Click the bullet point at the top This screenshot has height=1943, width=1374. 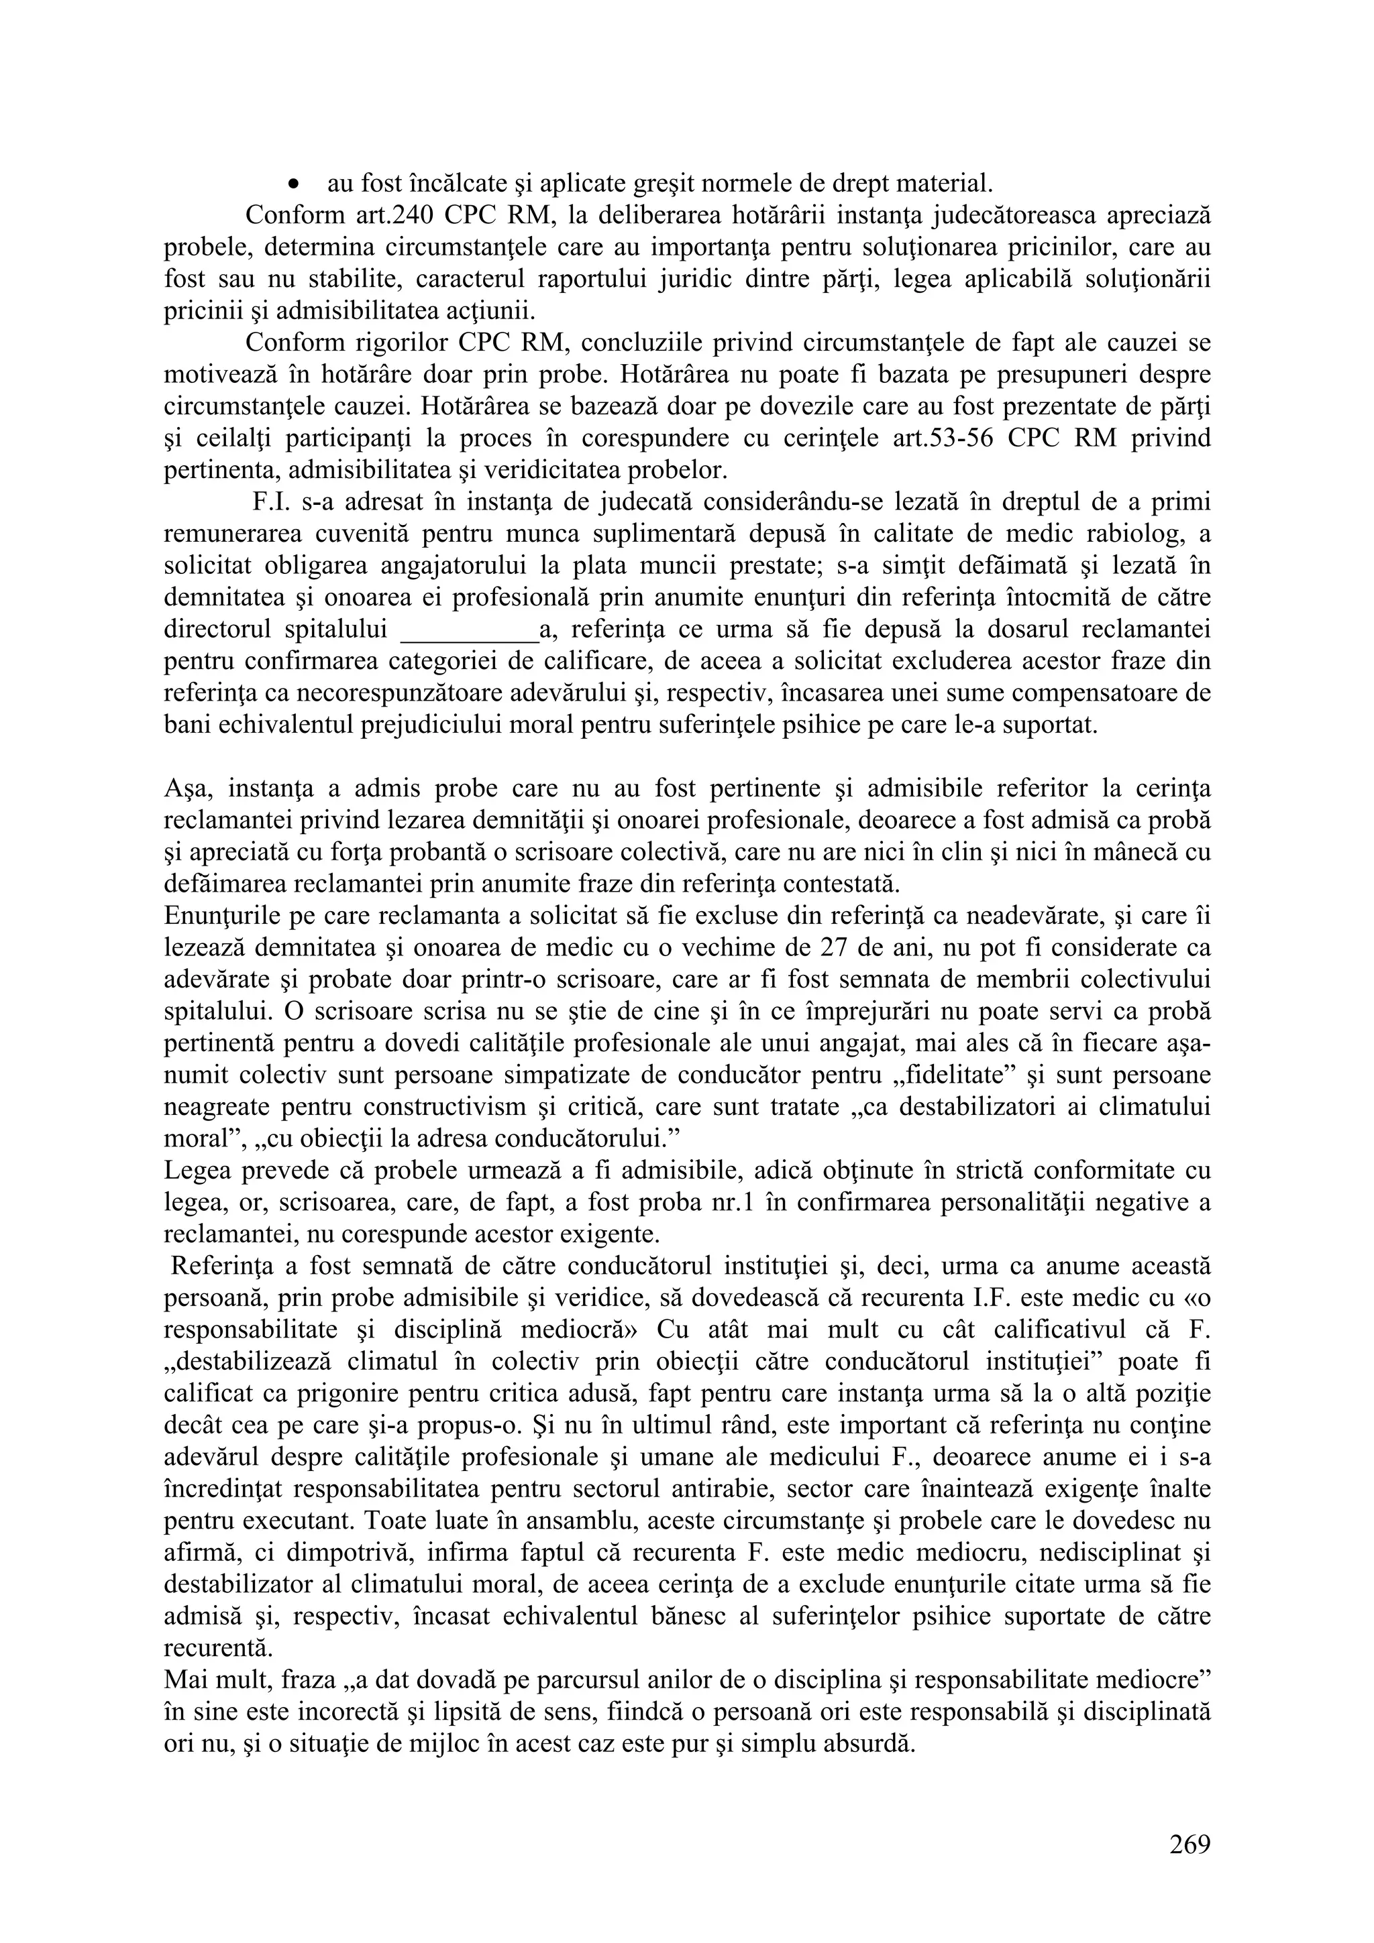pyautogui.click(x=294, y=184)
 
